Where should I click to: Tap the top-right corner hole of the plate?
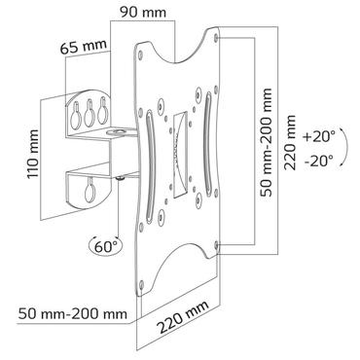coord(212,40)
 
